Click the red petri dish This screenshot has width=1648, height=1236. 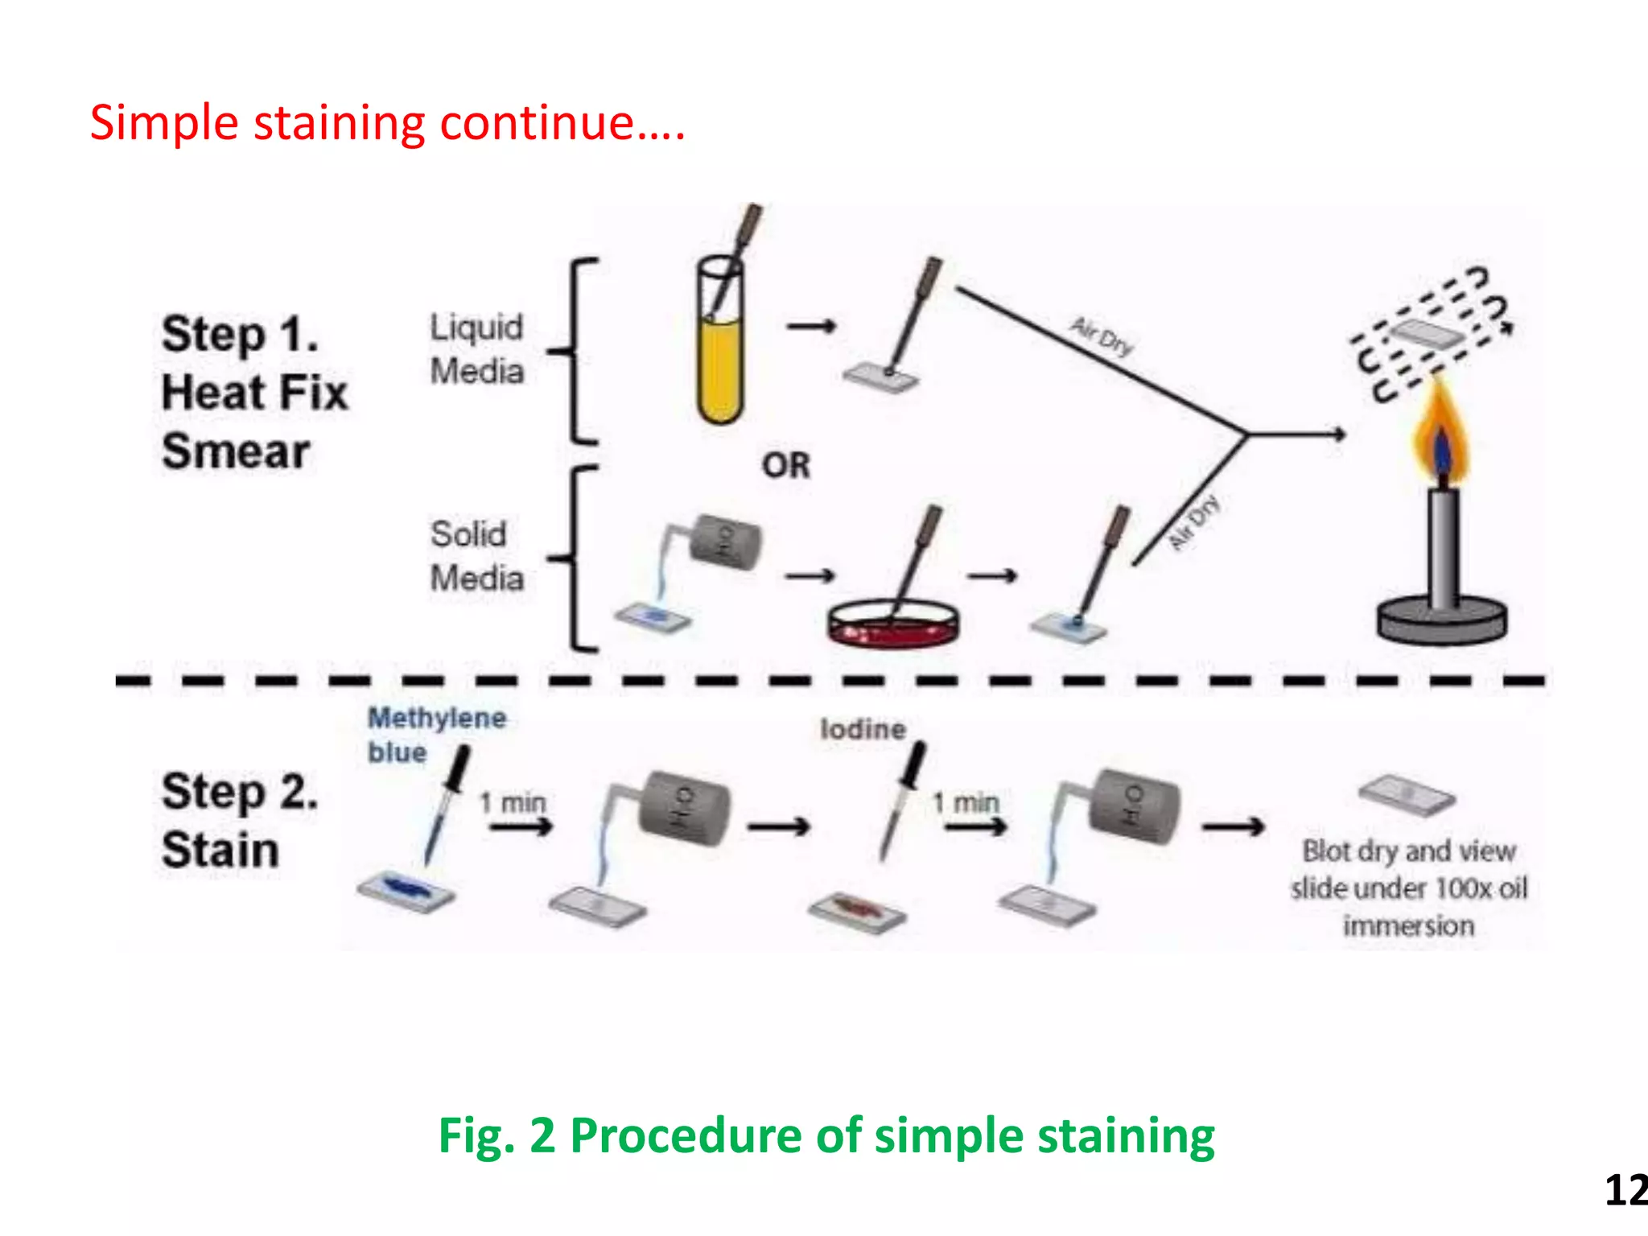coord(893,624)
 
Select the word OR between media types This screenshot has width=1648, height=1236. coord(786,465)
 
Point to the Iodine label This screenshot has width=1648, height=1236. coord(863,729)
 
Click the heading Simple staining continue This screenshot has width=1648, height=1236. coord(386,123)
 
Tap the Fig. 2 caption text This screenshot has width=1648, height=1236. coord(826,1135)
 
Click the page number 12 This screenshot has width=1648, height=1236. coord(1625,1189)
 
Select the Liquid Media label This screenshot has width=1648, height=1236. coord(476,349)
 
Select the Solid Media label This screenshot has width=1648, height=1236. coord(476,556)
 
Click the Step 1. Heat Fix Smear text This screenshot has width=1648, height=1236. coord(253,392)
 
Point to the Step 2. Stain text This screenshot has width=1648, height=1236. coord(239,820)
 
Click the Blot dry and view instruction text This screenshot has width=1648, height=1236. coord(1408,888)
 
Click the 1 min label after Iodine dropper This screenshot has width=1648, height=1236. coord(966,802)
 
